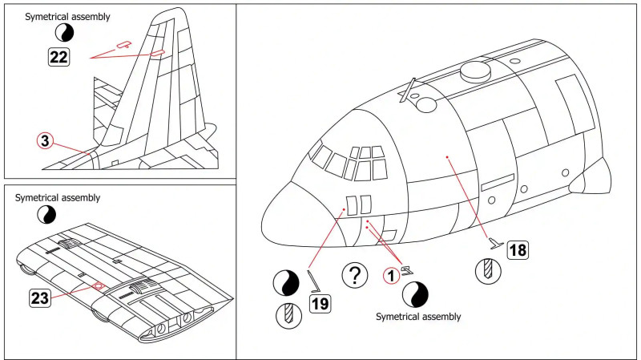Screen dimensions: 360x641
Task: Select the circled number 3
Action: point(46,141)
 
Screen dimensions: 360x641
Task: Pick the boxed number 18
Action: point(518,250)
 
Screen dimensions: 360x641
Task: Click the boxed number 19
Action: point(320,303)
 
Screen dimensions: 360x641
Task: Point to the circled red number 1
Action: point(390,275)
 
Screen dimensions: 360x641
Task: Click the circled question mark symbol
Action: point(354,275)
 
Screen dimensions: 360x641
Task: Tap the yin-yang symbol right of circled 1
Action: point(416,293)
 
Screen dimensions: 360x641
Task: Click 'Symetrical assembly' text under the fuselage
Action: point(418,317)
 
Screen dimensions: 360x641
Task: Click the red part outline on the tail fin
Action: point(157,52)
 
